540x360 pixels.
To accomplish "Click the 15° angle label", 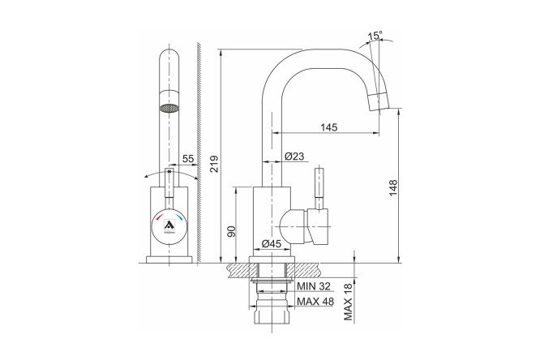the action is (x=375, y=35).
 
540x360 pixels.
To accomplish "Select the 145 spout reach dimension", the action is (x=329, y=127).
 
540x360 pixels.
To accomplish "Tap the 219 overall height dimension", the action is (x=214, y=164).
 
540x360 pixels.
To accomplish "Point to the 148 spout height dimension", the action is (x=393, y=188).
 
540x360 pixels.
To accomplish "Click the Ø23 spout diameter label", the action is (x=294, y=156).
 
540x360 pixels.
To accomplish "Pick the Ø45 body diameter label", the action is (x=272, y=243).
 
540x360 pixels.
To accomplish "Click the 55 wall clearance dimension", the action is (x=188, y=159).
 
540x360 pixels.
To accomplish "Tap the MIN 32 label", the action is (x=314, y=286).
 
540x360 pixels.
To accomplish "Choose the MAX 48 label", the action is (x=315, y=302).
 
